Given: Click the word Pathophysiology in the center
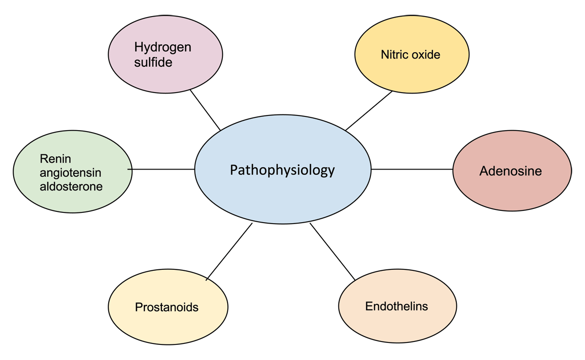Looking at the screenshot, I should (282, 170).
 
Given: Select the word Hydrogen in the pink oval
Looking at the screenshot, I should (162, 47).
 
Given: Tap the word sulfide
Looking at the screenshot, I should (153, 62).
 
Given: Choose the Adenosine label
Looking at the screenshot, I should (510, 171).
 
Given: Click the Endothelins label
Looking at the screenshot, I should (396, 306).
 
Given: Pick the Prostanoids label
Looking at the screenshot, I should (167, 307).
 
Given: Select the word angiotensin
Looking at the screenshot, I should (71, 172).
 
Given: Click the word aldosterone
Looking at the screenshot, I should (71, 186).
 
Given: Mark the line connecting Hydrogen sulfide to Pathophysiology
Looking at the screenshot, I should (205, 110).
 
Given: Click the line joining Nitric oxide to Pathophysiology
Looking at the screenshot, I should (369, 111).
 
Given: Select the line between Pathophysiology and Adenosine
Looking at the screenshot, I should (412, 169).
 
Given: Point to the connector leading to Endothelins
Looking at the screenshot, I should (332, 251).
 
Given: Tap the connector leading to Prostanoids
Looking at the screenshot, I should (229, 251).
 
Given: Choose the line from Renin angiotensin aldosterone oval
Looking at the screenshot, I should (163, 169).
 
